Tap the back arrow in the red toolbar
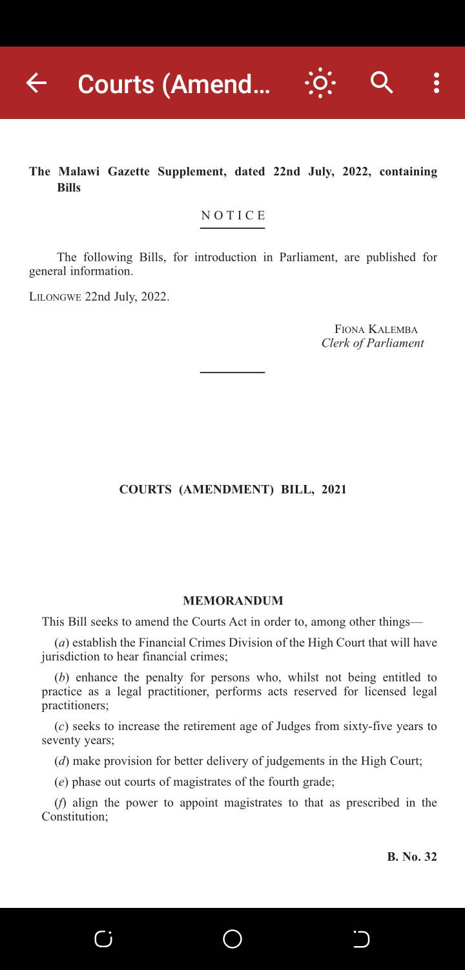pyautogui.click(x=36, y=83)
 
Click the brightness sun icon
pyautogui.click(x=320, y=83)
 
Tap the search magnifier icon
pyautogui.click(x=382, y=83)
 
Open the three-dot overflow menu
pyautogui.click(x=437, y=83)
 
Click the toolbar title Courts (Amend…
pyautogui.click(x=174, y=84)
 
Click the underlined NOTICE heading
pyautogui.click(x=233, y=215)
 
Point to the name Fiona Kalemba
pyautogui.click(x=376, y=329)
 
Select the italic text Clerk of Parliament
pyautogui.click(x=373, y=343)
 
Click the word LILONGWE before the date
pyautogui.click(x=55, y=297)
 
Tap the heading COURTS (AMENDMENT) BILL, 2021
pyautogui.click(x=232, y=490)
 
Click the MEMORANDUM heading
pyautogui.click(x=232, y=601)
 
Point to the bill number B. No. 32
pyautogui.click(x=412, y=857)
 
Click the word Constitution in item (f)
pyautogui.click(x=74, y=817)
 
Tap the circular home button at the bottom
pyautogui.click(x=232, y=939)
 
